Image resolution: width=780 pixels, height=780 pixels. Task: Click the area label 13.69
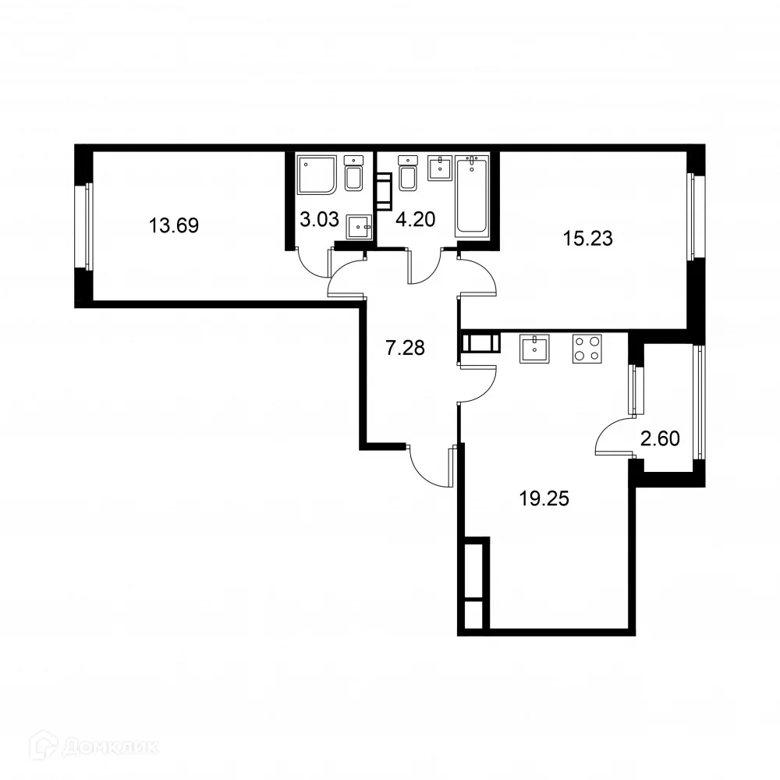coord(174,226)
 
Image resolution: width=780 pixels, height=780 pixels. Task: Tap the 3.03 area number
coord(319,219)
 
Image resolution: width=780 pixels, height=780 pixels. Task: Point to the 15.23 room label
coord(588,239)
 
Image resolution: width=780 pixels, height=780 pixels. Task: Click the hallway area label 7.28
coord(406,348)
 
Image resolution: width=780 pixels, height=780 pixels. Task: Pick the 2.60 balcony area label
coord(660,438)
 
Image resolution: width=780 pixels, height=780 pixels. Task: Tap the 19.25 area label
coord(544,498)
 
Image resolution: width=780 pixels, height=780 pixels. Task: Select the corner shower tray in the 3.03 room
coord(317,175)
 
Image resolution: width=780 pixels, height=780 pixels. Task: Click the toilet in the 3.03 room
coord(353,174)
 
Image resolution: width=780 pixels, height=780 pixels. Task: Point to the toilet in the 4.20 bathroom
coord(406,174)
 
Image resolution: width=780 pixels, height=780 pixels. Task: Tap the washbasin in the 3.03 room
coord(359,226)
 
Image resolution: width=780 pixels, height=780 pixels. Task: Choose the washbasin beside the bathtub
coord(441,167)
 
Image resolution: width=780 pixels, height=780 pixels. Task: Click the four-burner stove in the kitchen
coord(588,348)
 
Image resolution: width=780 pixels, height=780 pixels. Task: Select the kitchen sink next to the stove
coord(534,348)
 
